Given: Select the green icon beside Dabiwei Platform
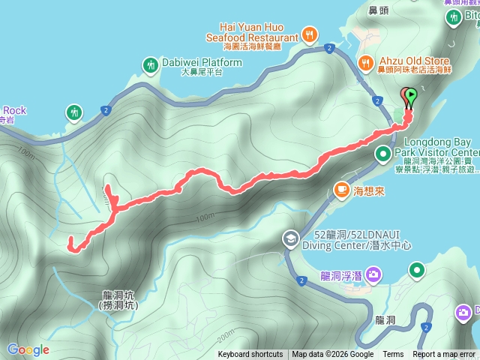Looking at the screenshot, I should point(150,64).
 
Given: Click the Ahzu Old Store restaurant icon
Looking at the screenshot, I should point(365,61).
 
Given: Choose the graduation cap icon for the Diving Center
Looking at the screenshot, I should point(289,238).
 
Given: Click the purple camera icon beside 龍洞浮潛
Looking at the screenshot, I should point(373,275).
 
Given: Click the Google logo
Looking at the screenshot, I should point(28,349).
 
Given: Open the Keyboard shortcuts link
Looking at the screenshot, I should point(250,355).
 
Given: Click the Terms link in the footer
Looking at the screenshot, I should point(393,355).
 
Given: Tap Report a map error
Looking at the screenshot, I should point(444,355).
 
